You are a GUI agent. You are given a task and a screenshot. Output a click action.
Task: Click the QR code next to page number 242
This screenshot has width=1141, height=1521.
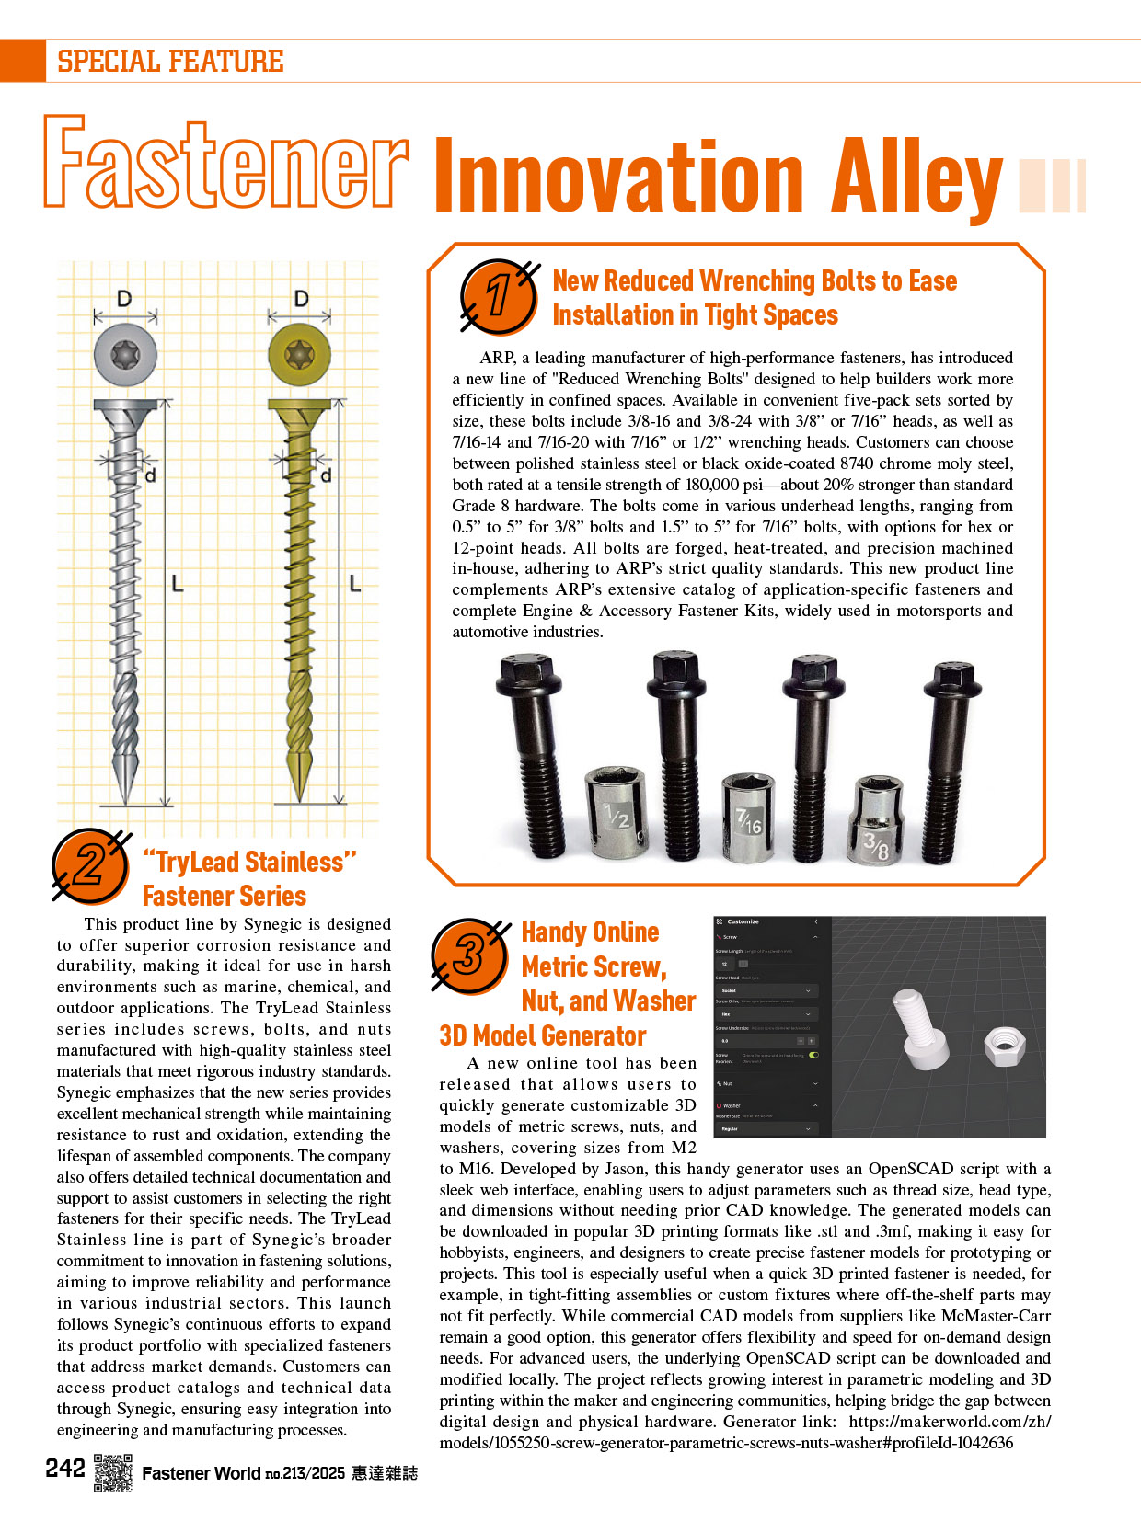pyautogui.click(x=112, y=1472)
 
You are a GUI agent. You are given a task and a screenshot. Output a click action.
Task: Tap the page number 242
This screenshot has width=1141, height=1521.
pyautogui.click(x=65, y=1469)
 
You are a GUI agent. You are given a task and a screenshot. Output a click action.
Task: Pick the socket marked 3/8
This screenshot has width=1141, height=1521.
pyautogui.click(x=878, y=820)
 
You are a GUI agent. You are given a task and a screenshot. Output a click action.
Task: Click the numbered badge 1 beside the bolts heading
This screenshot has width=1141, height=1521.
pyautogui.click(x=498, y=296)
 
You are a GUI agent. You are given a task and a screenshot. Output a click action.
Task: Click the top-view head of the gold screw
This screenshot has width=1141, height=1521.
pyautogui.click(x=300, y=353)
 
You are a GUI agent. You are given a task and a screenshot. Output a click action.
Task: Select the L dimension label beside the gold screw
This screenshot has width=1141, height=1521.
pyautogui.click(x=354, y=584)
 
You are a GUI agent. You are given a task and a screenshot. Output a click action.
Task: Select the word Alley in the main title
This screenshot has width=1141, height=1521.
pyautogui.click(x=915, y=177)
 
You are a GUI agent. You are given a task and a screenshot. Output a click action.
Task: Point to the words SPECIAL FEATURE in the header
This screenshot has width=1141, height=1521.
pyautogui.click(x=170, y=62)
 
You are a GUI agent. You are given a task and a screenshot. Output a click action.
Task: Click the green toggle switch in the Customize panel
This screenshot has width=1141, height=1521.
pyautogui.click(x=813, y=1055)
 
